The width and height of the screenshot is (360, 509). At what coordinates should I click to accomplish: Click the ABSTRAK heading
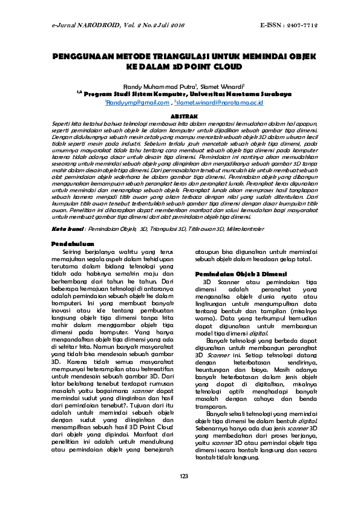(179, 114)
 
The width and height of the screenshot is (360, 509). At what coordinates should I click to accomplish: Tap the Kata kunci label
(67, 230)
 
